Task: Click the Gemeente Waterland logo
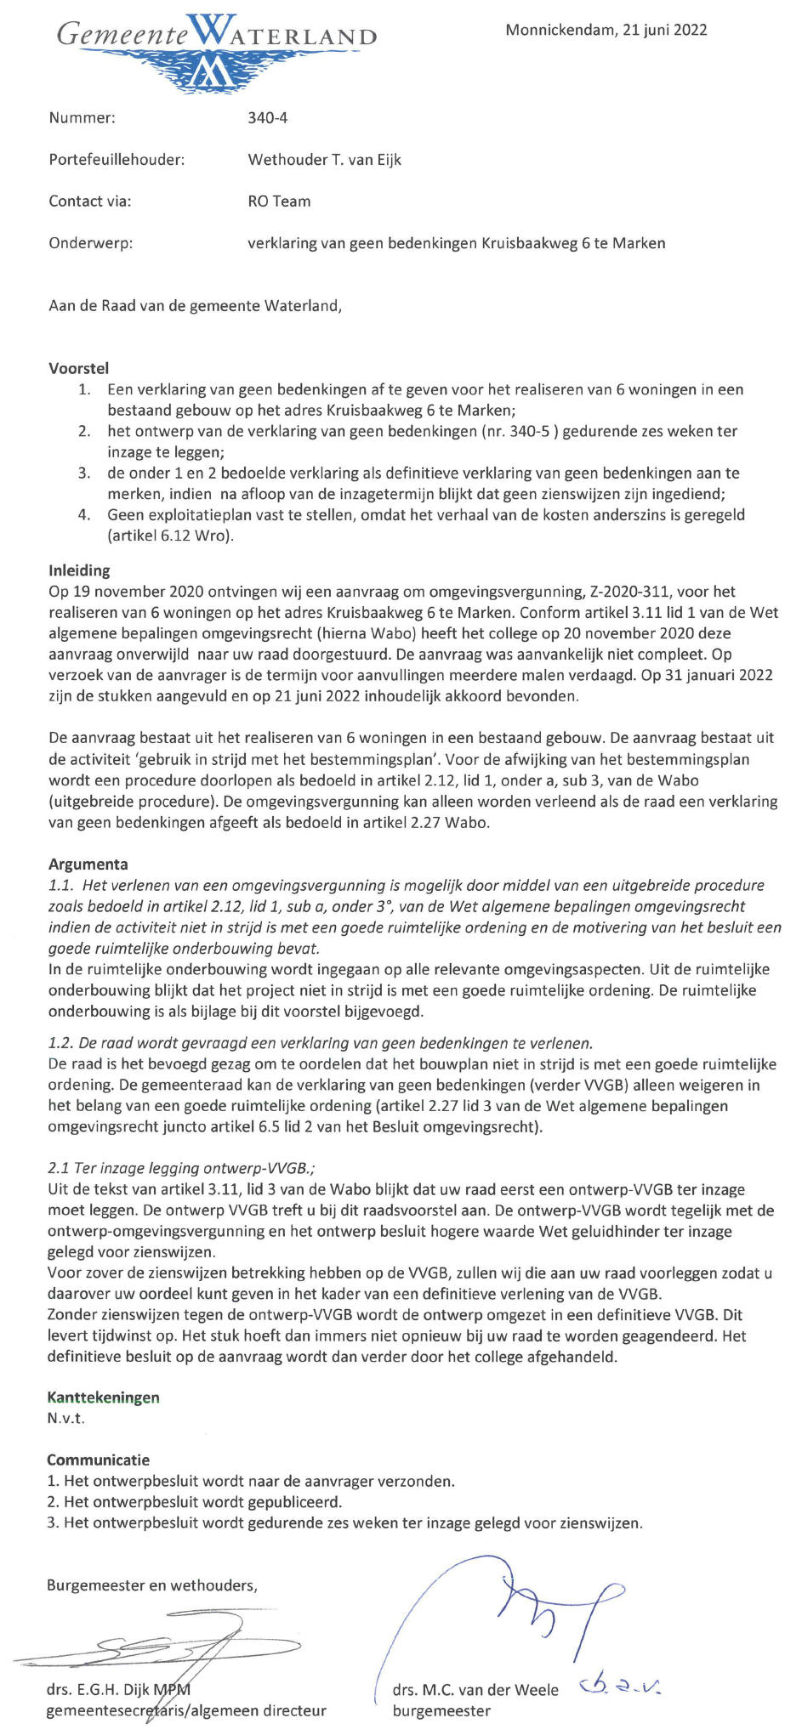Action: pos(216,47)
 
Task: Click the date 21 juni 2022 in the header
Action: pos(664,31)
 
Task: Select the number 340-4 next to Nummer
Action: pos(267,118)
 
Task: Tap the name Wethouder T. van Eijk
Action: pos(324,160)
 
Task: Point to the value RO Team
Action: pos(279,201)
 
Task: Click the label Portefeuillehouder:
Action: pos(117,160)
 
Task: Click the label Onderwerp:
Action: pos(91,243)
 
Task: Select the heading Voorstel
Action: pos(78,369)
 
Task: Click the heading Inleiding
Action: pos(79,570)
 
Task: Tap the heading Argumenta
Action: pos(88,865)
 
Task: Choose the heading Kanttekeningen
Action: pos(103,1398)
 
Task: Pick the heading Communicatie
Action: pos(98,1460)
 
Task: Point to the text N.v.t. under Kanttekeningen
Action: pos(65,1418)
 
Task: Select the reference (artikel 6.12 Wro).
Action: pos(170,536)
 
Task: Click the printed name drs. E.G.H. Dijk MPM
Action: pos(118,1689)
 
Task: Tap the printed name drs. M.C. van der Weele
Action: pos(475,1690)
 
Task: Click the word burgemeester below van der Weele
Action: pos(441,1710)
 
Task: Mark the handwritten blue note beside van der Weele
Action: pos(620,1685)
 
